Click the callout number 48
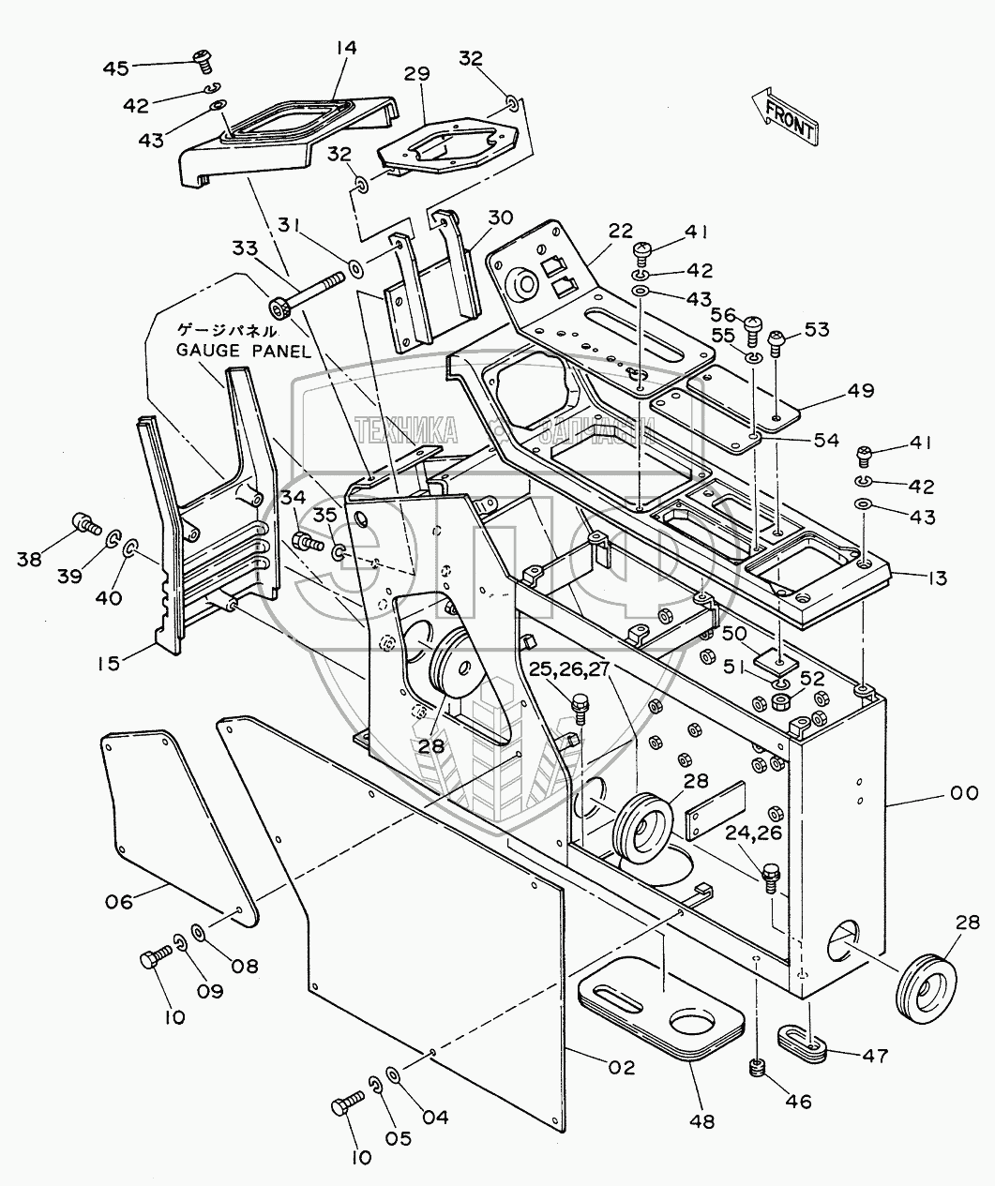point(701,1119)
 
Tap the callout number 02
point(620,1067)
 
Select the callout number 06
point(118,901)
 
